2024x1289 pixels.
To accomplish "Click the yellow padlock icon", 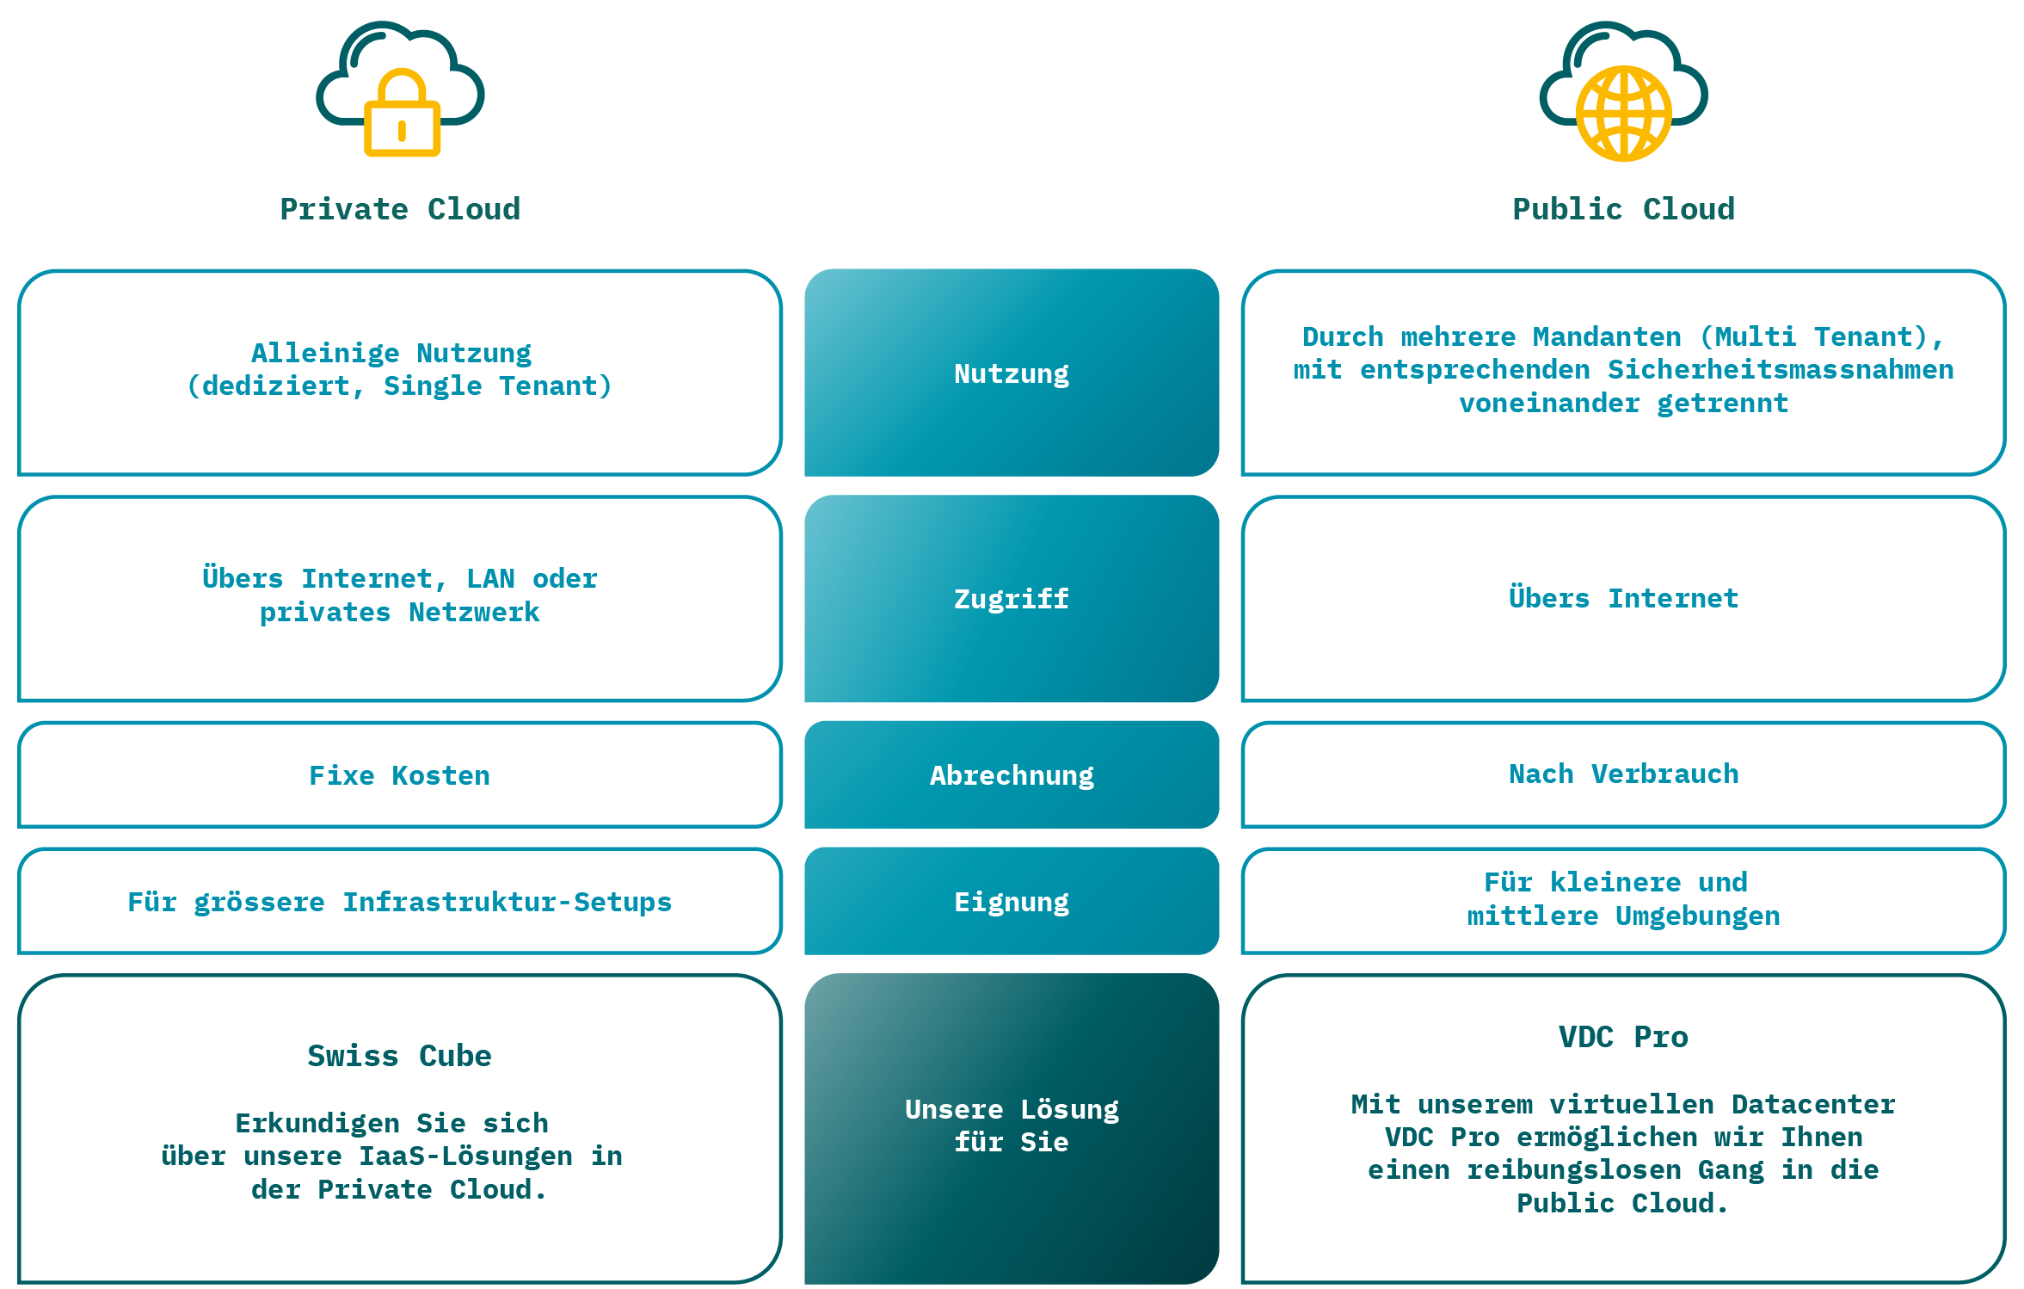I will tap(402, 115).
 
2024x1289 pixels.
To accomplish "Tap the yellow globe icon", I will tap(1623, 114).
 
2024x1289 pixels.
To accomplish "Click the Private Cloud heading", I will tap(400, 209).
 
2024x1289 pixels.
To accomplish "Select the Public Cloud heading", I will tap(1623, 209).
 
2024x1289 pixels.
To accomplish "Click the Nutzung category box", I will tap(1011, 373).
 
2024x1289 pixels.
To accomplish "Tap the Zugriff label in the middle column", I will tap(1011, 599).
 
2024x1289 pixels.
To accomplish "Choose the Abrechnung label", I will tap(1011, 775).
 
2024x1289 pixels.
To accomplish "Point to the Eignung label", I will tap(1011, 902).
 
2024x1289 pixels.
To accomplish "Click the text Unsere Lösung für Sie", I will tap(1011, 1126).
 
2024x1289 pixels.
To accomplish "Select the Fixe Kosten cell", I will tap(399, 775).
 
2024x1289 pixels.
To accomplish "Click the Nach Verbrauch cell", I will tap(1623, 774).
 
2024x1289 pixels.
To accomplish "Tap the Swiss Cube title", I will tap(399, 1056).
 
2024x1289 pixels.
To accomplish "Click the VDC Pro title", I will tap(1623, 1037).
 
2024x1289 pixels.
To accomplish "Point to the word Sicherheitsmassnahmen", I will tap(1780, 370).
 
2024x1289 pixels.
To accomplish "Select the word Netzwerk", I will tap(473, 612).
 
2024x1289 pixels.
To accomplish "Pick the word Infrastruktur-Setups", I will tap(507, 902).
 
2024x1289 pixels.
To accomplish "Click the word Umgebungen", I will tap(1696, 916).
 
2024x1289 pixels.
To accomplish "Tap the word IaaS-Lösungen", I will tap(465, 1156).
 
